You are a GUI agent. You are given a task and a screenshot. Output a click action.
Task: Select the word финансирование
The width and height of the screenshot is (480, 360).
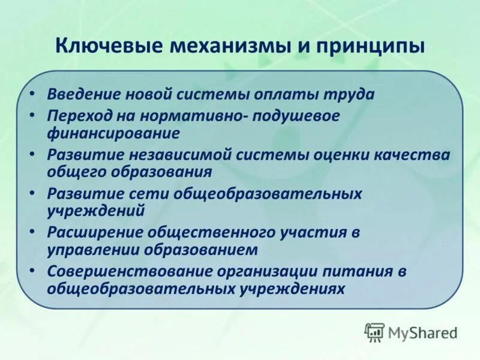(113, 131)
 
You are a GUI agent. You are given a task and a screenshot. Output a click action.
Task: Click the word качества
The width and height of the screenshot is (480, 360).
(416, 155)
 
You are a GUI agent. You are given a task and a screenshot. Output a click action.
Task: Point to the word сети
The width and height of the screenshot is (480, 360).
(152, 194)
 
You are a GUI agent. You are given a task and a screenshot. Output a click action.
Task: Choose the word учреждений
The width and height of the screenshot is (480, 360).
(96, 210)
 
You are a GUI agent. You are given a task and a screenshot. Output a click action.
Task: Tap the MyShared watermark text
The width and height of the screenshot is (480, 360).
(422, 332)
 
